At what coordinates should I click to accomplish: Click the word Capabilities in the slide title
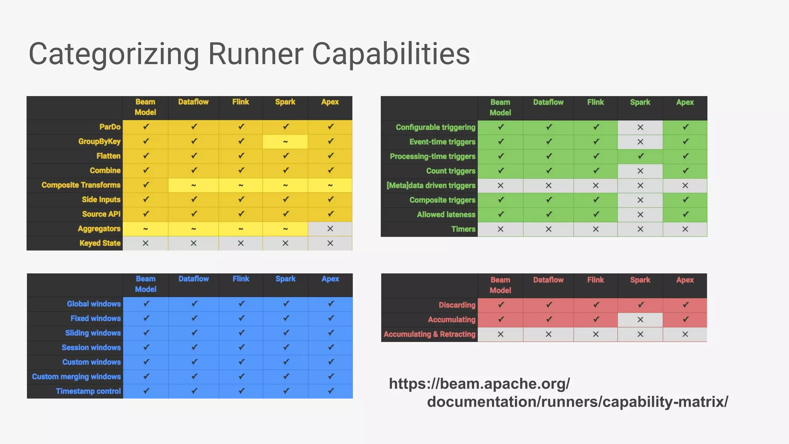pyautogui.click(x=391, y=54)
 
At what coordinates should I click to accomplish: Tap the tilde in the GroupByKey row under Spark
pyautogui.click(x=285, y=142)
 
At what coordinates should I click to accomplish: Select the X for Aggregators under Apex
pyautogui.click(x=330, y=229)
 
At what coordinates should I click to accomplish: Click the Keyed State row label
pyautogui.click(x=100, y=243)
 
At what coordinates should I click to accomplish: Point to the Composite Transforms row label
pyautogui.click(x=81, y=185)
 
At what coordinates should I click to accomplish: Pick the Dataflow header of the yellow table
pyautogui.click(x=193, y=102)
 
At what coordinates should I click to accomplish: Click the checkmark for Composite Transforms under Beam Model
pyautogui.click(x=146, y=185)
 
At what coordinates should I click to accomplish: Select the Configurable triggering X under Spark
pyautogui.click(x=640, y=127)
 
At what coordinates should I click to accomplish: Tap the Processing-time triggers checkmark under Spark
pyautogui.click(x=640, y=156)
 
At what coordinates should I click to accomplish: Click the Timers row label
pyautogui.click(x=463, y=229)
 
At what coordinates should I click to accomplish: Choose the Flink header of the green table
pyautogui.click(x=596, y=103)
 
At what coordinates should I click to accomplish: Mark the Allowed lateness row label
pyautogui.click(x=446, y=214)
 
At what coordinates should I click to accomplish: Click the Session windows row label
pyautogui.click(x=91, y=347)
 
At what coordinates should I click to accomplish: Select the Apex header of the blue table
pyautogui.click(x=330, y=279)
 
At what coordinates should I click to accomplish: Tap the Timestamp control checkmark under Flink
pyautogui.click(x=241, y=391)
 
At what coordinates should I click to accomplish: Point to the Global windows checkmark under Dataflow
pyautogui.click(x=194, y=304)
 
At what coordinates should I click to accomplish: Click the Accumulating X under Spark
pyautogui.click(x=640, y=320)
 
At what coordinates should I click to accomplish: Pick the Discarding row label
pyautogui.click(x=457, y=305)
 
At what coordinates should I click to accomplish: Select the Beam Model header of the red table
pyautogui.click(x=500, y=285)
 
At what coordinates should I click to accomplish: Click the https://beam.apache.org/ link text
pyautogui.click(x=479, y=384)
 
